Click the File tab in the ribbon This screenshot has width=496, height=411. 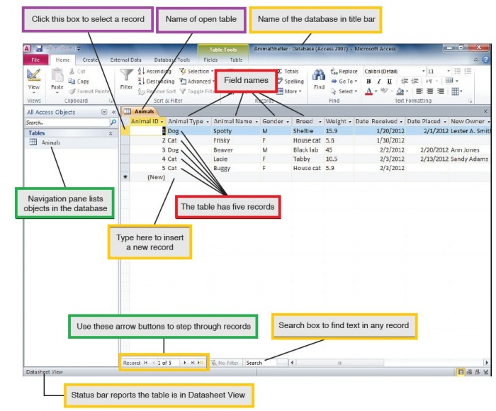[35, 60]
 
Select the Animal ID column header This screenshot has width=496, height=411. [145, 121]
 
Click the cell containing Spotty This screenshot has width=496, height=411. [222, 131]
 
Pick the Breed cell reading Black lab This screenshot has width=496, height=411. [306, 150]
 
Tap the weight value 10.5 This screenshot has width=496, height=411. [331, 159]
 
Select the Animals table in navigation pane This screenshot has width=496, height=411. [51, 142]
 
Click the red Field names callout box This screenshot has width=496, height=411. [246, 81]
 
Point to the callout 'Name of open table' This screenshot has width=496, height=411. [201, 18]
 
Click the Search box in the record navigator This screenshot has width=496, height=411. [262, 363]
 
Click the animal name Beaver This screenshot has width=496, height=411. [223, 150]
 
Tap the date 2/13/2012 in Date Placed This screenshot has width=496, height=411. [434, 159]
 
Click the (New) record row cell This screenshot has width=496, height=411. [156, 178]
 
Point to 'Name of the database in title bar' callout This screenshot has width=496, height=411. [315, 18]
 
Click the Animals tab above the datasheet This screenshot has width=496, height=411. [144, 111]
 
